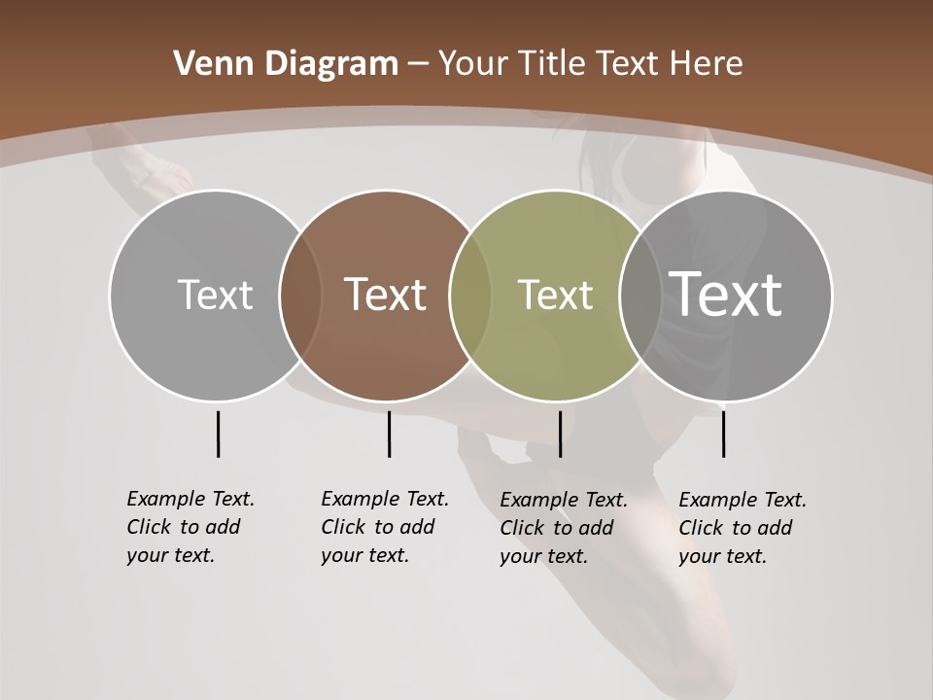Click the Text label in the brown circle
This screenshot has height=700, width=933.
(x=385, y=295)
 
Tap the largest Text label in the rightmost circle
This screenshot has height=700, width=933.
(x=726, y=294)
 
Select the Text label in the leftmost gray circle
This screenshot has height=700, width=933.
(x=215, y=295)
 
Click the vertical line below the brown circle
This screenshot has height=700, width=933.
(x=389, y=434)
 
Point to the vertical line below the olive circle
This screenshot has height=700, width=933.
(x=560, y=434)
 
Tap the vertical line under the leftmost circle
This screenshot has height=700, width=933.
(x=218, y=434)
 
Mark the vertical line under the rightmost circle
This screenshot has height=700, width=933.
(x=723, y=434)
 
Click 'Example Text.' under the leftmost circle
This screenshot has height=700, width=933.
(x=190, y=499)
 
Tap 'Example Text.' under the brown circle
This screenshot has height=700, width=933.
(x=385, y=499)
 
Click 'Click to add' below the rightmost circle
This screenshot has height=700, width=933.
(x=736, y=528)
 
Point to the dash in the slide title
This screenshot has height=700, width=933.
(x=418, y=64)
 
